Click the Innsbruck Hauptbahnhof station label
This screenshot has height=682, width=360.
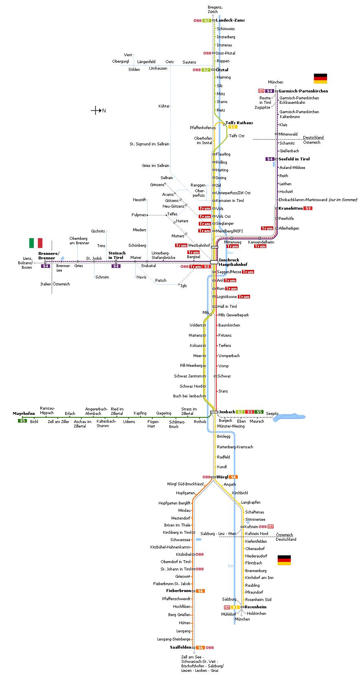pos(233,262)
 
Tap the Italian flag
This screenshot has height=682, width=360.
pos(36,243)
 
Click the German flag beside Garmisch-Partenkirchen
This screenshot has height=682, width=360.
pos(320,78)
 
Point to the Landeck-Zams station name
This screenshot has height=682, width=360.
pos(230,20)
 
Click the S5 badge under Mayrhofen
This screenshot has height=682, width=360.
pos(22,421)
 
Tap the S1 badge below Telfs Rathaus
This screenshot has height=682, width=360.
pos(233,127)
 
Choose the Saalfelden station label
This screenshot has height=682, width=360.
pos(180,647)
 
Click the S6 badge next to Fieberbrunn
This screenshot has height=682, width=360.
pos(200,591)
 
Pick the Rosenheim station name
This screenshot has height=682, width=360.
pos(255,607)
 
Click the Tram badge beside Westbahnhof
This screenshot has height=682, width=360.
pos(181,246)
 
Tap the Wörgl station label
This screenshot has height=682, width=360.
pos(222,477)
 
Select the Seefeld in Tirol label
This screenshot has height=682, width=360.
pos(294,159)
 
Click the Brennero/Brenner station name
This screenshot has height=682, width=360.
pos(49,256)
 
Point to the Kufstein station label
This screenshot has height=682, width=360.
pos(251,526)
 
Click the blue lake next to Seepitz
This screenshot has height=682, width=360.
pos(289,417)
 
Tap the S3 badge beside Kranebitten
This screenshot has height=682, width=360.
pos(308,208)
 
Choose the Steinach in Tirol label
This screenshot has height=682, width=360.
pos(117,255)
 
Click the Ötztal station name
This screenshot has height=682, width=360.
pos(222,70)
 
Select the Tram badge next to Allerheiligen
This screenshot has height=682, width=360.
pos(267,228)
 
